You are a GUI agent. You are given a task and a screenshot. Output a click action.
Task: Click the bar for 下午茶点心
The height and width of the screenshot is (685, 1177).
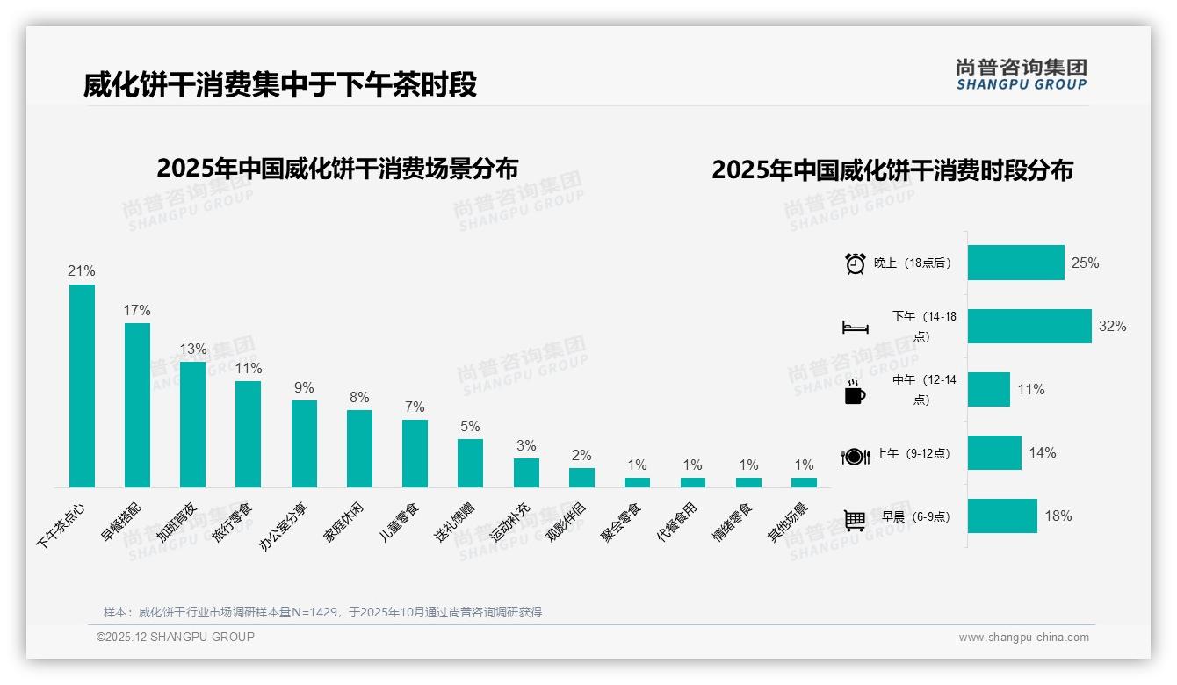coord(82,386)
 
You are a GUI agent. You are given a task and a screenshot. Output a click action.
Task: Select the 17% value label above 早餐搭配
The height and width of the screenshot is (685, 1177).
coord(137,310)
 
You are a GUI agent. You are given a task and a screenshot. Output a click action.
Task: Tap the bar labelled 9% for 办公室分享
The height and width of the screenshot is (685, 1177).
coord(304,443)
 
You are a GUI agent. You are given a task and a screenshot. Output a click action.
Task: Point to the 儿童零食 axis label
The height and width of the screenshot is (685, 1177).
coord(400,522)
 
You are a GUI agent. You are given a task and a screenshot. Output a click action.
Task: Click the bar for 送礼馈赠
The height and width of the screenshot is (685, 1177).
coord(470,463)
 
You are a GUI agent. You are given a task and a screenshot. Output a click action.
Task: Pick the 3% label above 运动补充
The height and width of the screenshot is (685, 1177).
coord(525,445)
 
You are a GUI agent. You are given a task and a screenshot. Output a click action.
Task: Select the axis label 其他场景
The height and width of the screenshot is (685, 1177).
coord(788,522)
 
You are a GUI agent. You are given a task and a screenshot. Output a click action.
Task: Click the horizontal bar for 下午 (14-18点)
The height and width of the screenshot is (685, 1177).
coord(1029,326)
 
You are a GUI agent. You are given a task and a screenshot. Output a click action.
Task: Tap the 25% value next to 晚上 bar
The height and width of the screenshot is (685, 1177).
coord(1085,263)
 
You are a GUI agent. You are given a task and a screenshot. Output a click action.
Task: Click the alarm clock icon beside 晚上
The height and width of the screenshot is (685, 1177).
coord(855,263)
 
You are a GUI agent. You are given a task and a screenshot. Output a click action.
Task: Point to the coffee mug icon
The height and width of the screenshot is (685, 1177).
coord(855,393)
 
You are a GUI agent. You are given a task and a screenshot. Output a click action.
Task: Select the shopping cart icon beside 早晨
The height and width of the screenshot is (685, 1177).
coord(855,520)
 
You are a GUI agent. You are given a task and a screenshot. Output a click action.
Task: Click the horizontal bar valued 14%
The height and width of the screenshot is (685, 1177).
coord(994,452)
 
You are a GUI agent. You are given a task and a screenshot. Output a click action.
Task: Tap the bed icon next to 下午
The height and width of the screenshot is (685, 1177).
coord(855,328)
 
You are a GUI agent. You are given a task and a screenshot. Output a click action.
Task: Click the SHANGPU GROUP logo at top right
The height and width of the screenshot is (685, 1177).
coord(1021,74)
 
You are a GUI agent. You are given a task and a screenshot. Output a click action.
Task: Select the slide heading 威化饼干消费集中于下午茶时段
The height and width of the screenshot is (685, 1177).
coord(280,85)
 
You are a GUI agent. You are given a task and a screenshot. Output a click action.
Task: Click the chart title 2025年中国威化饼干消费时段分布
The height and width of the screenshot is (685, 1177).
coord(892,170)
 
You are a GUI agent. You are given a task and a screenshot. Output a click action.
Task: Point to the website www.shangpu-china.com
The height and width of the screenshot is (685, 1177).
coord(1023,638)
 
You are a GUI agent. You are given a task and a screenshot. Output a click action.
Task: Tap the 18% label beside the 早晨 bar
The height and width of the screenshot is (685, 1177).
coord(1058,516)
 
